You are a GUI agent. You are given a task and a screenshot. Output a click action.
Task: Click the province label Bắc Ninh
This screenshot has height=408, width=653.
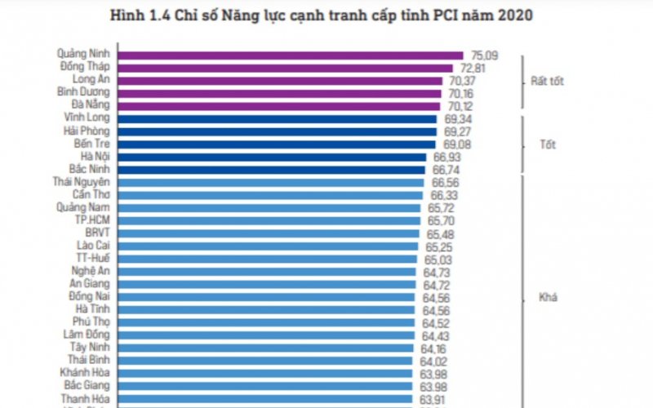(88, 168)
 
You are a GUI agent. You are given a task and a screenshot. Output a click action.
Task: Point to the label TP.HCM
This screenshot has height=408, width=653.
(92, 220)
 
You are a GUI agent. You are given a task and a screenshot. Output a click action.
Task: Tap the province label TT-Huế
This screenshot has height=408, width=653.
(92, 258)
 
